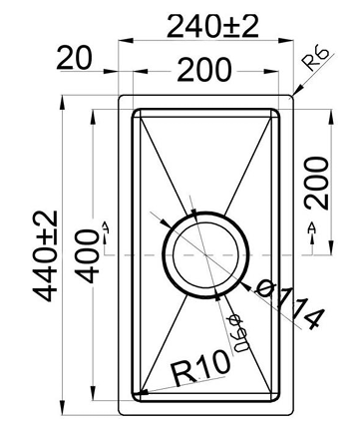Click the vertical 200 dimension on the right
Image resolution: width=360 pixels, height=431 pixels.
point(317,182)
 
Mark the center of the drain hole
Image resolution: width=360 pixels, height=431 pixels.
point(206,254)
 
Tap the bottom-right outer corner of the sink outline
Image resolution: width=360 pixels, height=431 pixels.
point(295,415)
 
